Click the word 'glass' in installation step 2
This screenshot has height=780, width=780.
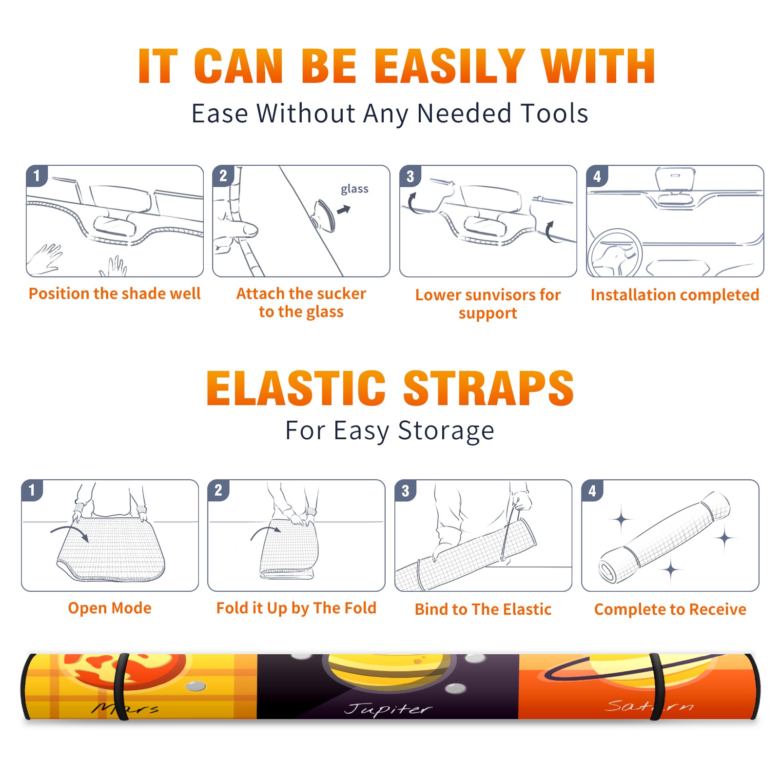pos(354,189)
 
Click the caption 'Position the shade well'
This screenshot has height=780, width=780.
pos(115,293)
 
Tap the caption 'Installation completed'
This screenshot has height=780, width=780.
pos(675,294)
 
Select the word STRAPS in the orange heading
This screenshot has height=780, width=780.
pos(488,388)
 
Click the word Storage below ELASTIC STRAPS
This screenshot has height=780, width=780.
pos(446,431)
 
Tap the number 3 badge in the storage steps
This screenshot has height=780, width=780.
pos(406,490)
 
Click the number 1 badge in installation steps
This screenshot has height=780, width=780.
pos(37,175)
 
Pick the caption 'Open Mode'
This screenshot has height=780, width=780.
pos(110,608)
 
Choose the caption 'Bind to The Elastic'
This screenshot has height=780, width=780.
pos(483,609)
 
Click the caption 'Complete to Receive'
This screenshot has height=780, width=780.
pos(670,609)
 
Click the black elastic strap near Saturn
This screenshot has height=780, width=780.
pos(656,686)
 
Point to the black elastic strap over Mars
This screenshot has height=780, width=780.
pos(121,686)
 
